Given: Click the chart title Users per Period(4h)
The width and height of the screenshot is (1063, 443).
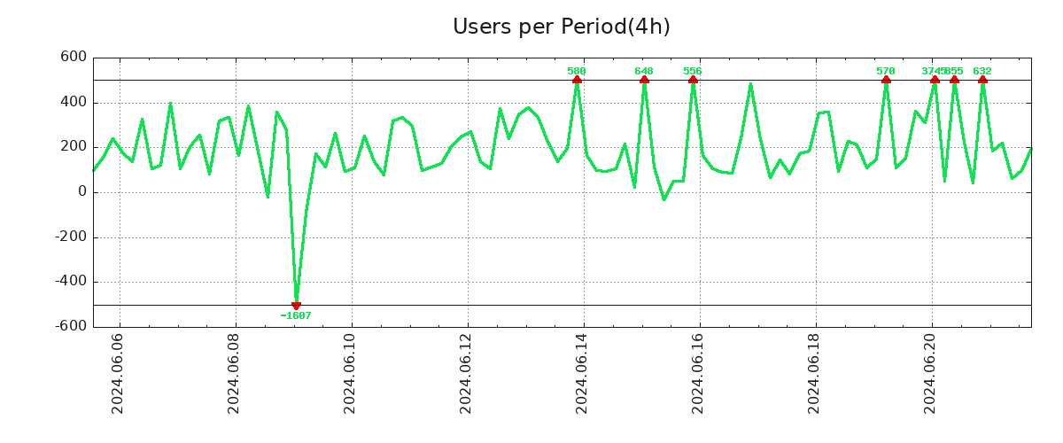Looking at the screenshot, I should click(561, 27).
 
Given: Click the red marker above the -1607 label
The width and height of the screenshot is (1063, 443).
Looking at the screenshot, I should click(296, 306).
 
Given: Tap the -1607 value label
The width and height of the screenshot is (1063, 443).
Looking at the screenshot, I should click(296, 315).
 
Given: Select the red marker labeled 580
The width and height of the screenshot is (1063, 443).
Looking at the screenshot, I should click(577, 80).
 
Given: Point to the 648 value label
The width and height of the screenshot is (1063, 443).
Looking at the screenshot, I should click(644, 71).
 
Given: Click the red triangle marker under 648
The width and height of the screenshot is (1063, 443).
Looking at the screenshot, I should click(644, 80).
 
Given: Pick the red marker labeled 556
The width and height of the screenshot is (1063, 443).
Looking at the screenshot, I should click(693, 80).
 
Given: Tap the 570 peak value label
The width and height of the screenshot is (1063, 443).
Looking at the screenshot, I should click(886, 71).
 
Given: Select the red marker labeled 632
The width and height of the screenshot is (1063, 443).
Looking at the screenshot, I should click(982, 80).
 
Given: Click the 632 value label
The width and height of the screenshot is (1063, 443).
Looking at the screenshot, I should click(982, 71).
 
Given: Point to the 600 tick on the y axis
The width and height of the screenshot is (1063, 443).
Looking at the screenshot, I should click(74, 57).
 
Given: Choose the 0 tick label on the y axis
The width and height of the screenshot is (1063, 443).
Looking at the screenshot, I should click(82, 192).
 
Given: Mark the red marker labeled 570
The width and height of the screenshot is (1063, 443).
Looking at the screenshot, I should click(886, 80).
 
